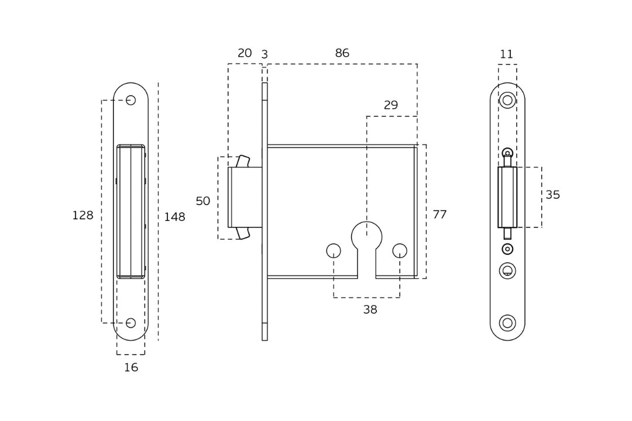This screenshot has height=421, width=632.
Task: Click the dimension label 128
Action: (83, 216)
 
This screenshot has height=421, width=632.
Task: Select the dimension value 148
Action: (174, 218)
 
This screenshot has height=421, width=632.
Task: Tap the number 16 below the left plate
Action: (131, 368)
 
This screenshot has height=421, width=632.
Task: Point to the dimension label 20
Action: (245, 54)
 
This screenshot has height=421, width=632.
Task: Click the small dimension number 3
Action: (265, 55)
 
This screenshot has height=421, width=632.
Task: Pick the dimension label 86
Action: (342, 54)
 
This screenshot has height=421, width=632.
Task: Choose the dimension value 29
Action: (391, 106)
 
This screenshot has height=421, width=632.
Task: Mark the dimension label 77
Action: (439, 215)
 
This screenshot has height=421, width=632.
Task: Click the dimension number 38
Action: (370, 310)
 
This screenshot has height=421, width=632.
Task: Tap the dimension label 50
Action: (202, 202)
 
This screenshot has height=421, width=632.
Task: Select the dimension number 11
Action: (507, 55)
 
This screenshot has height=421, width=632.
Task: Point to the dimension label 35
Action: (553, 195)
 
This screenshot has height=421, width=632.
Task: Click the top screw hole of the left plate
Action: (130, 100)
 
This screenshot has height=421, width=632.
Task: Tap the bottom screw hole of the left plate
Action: (130, 323)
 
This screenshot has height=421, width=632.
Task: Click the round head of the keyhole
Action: (367, 236)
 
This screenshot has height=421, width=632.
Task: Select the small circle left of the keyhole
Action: (334, 251)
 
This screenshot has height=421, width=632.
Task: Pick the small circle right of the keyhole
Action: (400, 251)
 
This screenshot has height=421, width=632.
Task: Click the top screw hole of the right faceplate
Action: (507, 100)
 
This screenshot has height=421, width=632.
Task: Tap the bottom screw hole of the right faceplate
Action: (507, 323)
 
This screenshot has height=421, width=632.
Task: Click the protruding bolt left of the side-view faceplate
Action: (245, 197)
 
